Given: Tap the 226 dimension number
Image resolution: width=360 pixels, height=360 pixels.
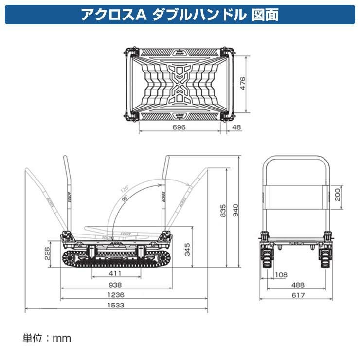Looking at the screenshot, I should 47,253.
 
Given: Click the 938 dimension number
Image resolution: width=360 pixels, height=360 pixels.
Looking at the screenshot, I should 115,285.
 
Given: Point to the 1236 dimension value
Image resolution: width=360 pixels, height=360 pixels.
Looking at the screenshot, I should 115,295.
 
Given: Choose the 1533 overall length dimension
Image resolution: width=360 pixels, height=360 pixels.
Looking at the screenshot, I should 115,305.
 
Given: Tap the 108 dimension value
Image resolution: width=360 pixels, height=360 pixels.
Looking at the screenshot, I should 282,275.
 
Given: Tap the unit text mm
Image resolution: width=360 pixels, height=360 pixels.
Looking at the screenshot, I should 62,338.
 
